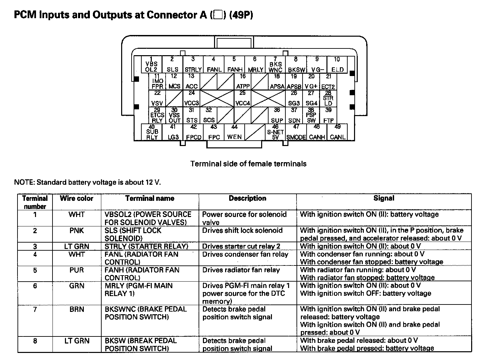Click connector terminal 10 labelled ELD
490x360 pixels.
click(x=337, y=64)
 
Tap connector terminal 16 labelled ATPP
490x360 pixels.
click(x=243, y=81)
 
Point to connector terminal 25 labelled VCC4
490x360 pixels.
click(x=243, y=98)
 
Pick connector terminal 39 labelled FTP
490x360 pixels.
click(x=328, y=115)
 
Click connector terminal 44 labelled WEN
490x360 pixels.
click(x=234, y=132)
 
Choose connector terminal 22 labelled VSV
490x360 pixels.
click(x=157, y=98)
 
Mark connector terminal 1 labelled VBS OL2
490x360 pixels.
click(x=151, y=64)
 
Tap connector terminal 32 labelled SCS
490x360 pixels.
click(x=209, y=115)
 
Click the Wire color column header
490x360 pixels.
click(x=76, y=199)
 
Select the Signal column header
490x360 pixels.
click(x=384, y=199)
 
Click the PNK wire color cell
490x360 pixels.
click(x=76, y=231)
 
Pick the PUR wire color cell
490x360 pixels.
click(x=76, y=270)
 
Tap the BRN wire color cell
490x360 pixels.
click(x=76, y=309)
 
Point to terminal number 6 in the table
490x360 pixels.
click(x=35, y=286)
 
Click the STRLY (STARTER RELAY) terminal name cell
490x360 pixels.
click(x=146, y=246)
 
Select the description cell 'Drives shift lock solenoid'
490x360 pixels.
click(x=242, y=231)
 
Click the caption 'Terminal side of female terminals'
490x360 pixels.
click(x=248, y=164)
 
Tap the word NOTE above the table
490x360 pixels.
click(x=24, y=182)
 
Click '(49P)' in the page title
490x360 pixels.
click(x=241, y=15)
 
